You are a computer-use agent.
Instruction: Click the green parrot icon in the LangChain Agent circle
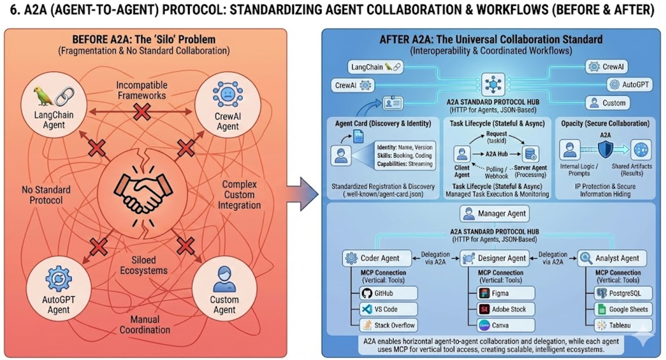coord(43,96)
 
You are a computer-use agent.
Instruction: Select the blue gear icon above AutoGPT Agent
coord(59,278)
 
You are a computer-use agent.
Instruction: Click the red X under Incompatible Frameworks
coord(142,112)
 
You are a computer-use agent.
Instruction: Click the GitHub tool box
coord(388,293)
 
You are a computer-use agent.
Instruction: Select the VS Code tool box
coord(388,309)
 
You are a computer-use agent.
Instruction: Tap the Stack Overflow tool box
coord(388,325)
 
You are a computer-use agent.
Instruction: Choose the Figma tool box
coord(506,293)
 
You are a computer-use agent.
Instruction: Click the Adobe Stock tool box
coord(506,309)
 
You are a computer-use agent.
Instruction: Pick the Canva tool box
coord(506,325)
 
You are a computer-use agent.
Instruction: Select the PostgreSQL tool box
coord(623,293)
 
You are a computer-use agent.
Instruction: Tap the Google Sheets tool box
coord(623,309)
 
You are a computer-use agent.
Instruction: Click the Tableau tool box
coord(623,325)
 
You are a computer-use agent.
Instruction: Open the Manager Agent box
coord(495,214)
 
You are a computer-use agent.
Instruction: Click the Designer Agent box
coord(495,258)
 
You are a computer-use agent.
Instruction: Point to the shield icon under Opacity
coord(605,149)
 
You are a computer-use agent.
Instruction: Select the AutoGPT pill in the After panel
coord(630,84)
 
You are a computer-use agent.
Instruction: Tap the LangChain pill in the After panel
coord(376,67)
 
